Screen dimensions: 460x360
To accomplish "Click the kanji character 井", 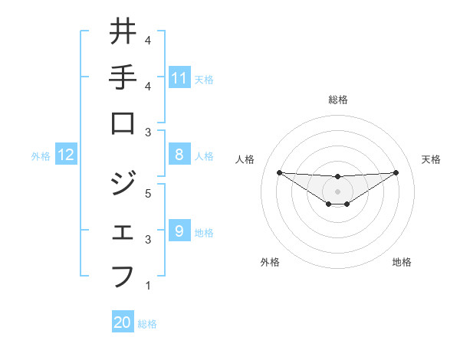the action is [123, 33].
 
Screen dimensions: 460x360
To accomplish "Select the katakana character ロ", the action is [123, 124].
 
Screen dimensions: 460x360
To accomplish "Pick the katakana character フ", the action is [123, 274].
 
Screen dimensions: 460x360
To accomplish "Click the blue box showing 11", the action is [179, 77].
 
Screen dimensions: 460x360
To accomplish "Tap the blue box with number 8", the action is [179, 155].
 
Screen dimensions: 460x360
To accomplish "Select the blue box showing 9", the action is [179, 231].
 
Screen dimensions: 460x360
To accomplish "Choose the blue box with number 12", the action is [66, 155].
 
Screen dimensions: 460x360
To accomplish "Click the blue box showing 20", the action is [123, 322].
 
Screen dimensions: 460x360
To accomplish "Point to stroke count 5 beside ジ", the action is [148, 193].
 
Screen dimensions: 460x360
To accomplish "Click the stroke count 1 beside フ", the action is [148, 286].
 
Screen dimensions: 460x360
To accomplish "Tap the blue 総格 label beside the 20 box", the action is [148, 324].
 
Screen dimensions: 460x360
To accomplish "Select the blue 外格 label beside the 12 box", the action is [41, 156].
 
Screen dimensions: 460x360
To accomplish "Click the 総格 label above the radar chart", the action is [337, 100].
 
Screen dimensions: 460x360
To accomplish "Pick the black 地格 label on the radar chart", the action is [402, 262].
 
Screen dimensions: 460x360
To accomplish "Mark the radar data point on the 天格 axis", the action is [396, 172].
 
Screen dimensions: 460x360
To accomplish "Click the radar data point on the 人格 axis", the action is [279, 172].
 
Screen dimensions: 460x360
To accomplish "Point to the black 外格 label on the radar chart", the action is [270, 262].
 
